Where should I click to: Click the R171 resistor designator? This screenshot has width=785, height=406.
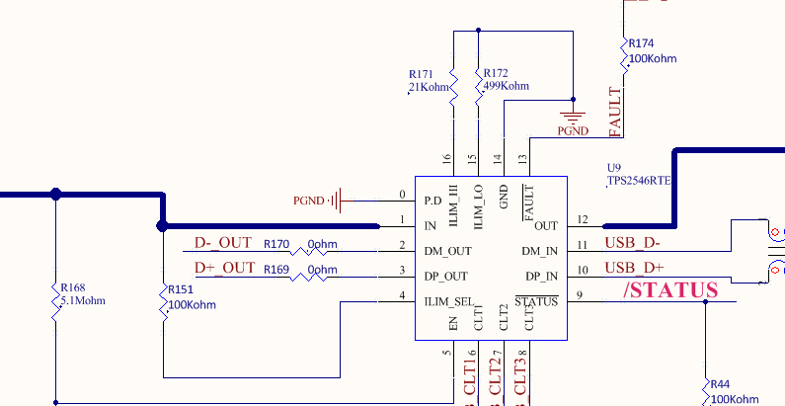[420, 74]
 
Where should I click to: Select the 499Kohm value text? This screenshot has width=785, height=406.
[506, 86]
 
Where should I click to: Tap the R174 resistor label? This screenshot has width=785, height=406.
[641, 43]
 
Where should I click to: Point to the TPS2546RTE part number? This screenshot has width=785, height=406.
[639, 181]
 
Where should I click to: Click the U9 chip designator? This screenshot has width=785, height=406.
[613, 168]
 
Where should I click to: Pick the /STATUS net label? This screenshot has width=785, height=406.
[670, 290]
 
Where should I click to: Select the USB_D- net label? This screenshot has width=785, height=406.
[632, 243]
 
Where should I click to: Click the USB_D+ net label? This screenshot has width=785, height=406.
[633, 268]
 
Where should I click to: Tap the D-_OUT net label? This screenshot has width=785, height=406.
[223, 243]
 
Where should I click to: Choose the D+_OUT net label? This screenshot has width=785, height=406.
[224, 268]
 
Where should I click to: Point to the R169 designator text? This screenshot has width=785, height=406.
[276, 269]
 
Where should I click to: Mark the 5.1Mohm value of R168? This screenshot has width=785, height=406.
[83, 301]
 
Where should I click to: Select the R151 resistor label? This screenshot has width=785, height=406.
[180, 289]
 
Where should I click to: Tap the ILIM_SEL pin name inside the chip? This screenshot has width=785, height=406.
[447, 300]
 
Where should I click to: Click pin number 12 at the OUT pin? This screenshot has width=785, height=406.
[583, 219]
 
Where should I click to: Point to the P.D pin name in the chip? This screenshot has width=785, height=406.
[432, 201]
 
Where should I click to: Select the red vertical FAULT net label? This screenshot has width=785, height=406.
[615, 112]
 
